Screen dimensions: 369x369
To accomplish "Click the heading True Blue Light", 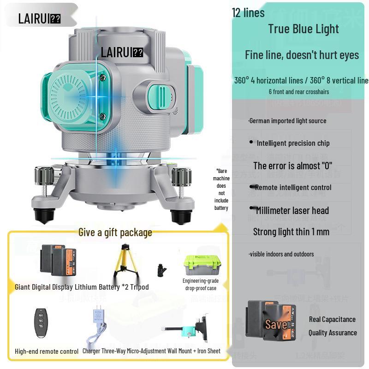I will [x=304, y=29].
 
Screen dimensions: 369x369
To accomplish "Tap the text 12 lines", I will [x=248, y=12].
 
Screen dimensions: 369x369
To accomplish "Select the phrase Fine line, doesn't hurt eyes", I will [x=302, y=55].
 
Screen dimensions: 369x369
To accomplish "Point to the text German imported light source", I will [x=287, y=121].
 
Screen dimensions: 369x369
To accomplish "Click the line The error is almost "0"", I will [x=292, y=166].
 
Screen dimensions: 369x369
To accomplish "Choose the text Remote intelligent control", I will [x=293, y=187].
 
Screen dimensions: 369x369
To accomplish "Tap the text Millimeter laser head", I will [x=292, y=210].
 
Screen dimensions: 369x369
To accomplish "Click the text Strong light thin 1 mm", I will [x=291, y=232].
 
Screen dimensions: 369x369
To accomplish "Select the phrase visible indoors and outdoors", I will [x=281, y=254].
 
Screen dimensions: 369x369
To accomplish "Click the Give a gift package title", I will [x=115, y=232].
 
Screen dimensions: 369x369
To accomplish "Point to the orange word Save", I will [x=276, y=324].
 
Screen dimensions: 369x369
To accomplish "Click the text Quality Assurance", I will [x=333, y=333].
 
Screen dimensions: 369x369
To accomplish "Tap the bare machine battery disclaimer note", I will [x=221, y=190].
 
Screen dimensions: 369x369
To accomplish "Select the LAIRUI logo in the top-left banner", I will [x=39, y=18].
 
